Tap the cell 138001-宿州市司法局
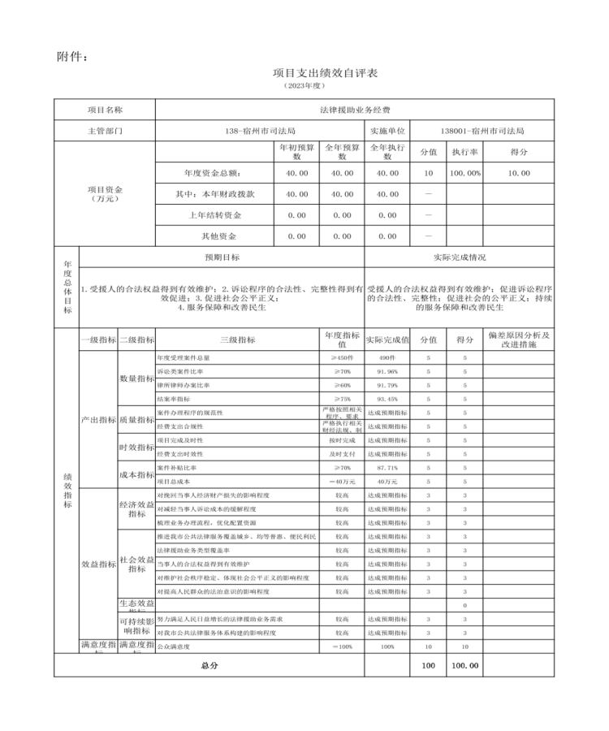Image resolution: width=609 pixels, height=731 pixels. click(482, 130)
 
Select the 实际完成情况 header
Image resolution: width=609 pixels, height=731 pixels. click(460, 257)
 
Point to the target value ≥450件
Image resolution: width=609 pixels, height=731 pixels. click(341, 358)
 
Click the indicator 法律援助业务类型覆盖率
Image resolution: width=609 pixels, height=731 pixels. click(192, 550)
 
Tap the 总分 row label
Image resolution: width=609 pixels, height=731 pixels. click(209, 665)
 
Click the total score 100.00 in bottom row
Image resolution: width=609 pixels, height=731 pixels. click(464, 665)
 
